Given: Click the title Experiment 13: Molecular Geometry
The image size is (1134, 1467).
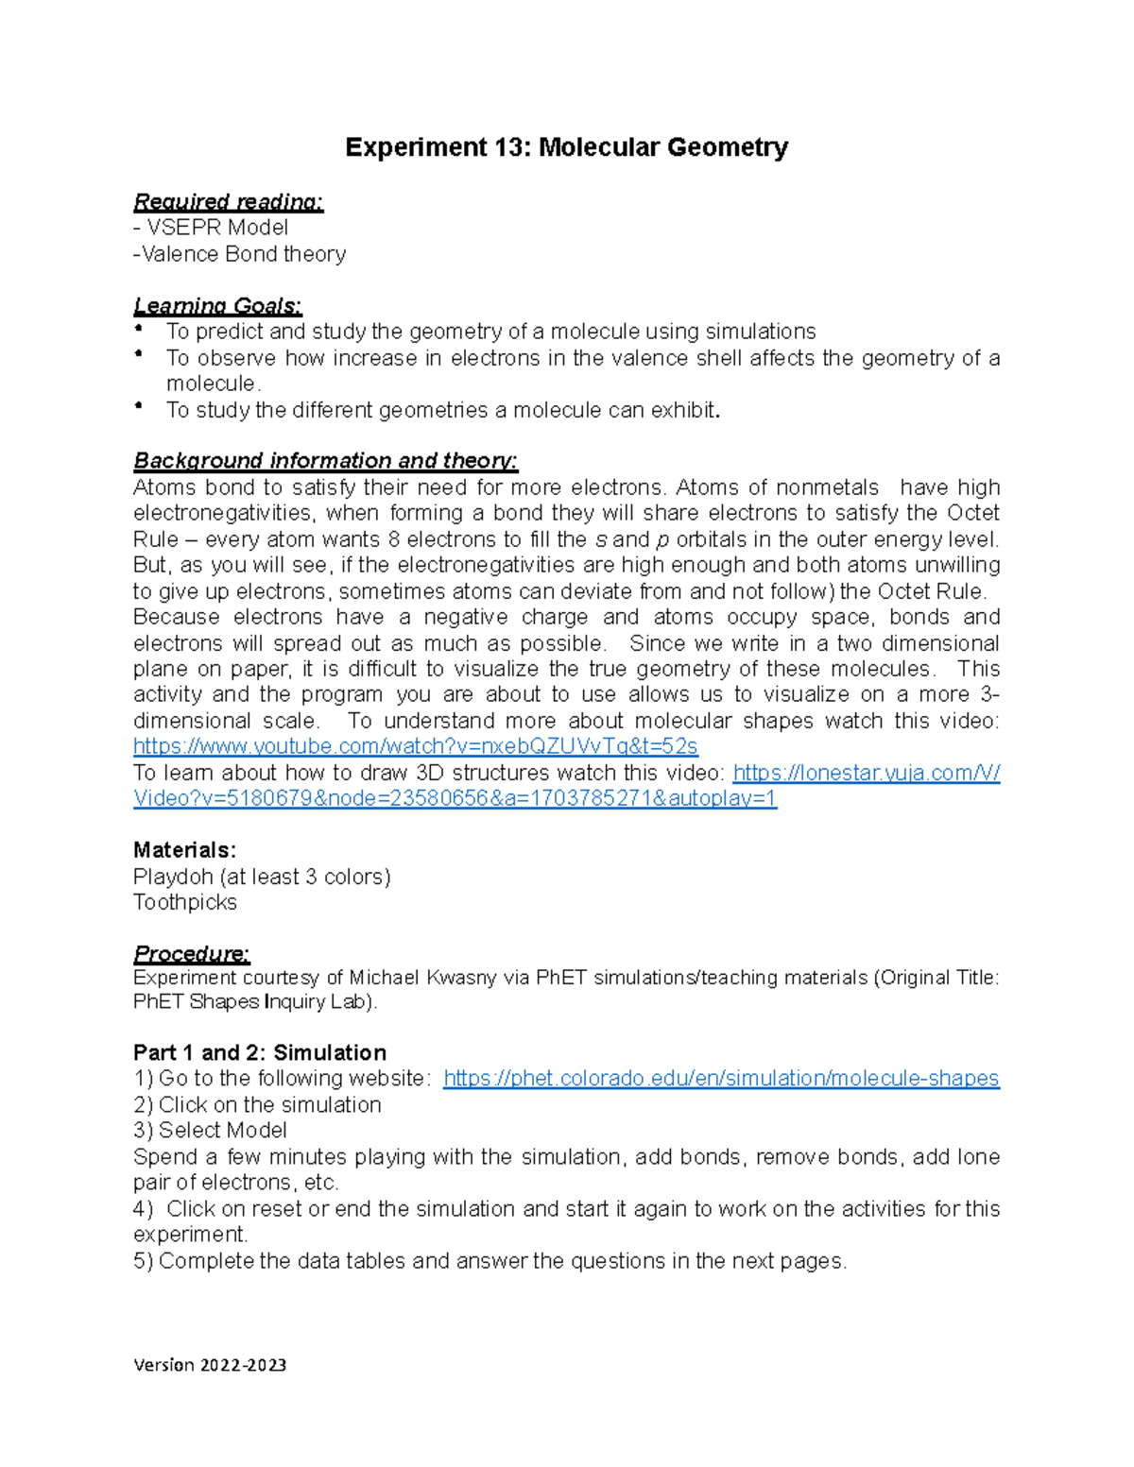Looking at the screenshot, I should coord(566,147).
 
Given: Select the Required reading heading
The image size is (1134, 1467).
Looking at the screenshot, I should coord(228,201).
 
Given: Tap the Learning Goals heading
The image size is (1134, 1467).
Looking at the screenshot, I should coord(217,305).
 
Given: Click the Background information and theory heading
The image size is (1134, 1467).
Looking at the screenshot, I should coord(325,460).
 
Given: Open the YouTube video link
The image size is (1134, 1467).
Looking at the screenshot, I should coord(415,746).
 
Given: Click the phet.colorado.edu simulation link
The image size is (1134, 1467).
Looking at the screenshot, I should coord(720,1078).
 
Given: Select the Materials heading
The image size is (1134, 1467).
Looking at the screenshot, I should coord(184,849).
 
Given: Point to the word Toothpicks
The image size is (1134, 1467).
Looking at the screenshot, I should coord(185,902).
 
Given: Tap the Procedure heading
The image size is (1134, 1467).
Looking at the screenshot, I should coord(191,952).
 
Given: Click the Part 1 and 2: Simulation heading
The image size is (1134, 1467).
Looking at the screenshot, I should coord(260,1052).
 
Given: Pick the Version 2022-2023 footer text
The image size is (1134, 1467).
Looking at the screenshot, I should coord(210,1364).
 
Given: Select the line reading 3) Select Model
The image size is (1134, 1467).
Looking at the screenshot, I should coord(210,1130).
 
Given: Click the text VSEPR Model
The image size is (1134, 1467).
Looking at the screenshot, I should coord(217,228).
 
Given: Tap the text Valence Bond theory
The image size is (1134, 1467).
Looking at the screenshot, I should coord(244,254).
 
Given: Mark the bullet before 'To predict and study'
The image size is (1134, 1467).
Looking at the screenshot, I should coord(139,328).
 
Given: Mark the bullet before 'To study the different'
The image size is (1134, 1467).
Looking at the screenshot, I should coord(139,406).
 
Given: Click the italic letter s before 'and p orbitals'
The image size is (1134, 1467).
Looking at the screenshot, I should coord(601,540).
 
